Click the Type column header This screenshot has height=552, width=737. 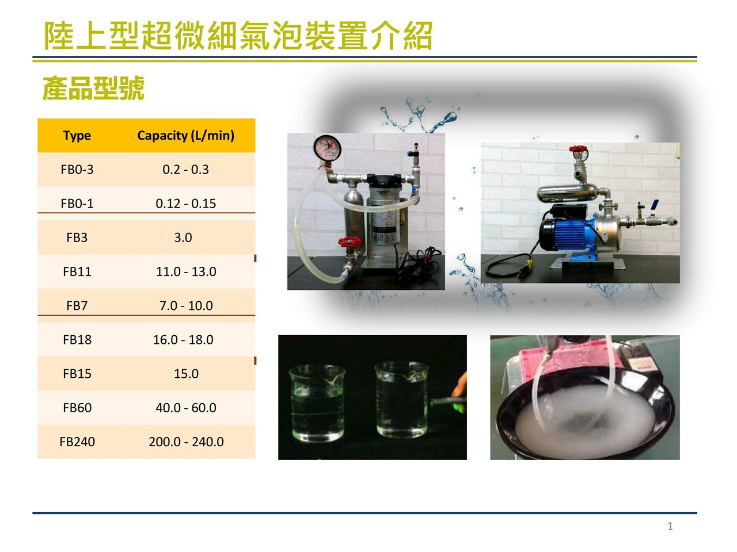[x=77, y=136]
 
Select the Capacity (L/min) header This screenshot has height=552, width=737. [x=185, y=135]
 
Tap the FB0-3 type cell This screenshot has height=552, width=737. [x=77, y=170]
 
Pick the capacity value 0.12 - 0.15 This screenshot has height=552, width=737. [x=185, y=204]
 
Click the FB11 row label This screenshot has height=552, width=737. [x=77, y=271]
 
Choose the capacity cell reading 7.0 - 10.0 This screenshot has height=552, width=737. [x=185, y=306]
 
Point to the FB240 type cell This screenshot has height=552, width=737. [x=77, y=442]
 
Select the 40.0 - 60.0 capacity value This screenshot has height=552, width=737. [x=185, y=408]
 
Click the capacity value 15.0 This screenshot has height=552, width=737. [x=186, y=374]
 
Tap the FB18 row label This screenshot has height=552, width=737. [x=77, y=340]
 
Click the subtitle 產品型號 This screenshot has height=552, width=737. [x=93, y=88]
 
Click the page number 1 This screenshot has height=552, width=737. [x=670, y=526]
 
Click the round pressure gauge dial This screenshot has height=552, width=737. [x=328, y=147]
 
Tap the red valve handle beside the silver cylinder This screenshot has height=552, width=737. [x=349, y=241]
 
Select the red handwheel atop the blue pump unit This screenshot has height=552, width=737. [x=578, y=148]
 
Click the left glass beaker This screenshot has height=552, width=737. [x=317, y=404]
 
